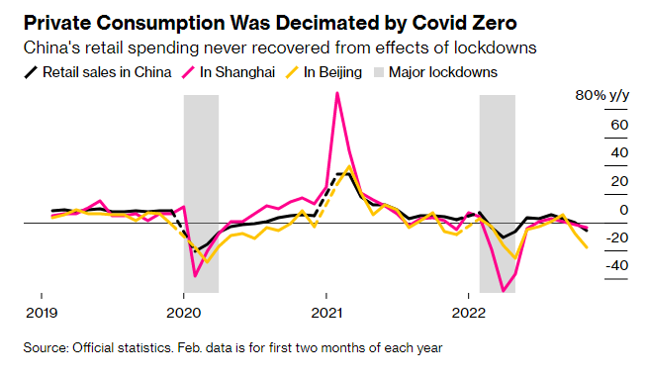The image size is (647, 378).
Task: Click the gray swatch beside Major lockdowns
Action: pyautogui.click(x=375, y=72)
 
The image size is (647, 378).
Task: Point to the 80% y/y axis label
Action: pyautogui.click(x=601, y=96)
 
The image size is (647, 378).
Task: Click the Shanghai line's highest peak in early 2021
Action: pyautogui.click(x=338, y=93)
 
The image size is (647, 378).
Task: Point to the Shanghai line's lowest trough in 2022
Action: pyautogui.click(x=505, y=291)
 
